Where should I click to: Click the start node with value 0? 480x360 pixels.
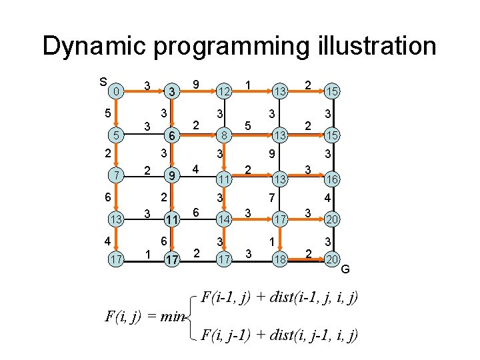(116, 90)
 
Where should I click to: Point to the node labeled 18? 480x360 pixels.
(279, 257)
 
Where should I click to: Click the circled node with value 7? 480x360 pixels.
(116, 175)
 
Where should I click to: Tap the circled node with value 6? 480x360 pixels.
(171, 135)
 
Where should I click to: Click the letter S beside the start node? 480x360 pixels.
(103, 82)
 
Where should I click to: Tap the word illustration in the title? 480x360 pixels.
(374, 47)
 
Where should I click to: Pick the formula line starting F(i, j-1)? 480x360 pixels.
(280, 335)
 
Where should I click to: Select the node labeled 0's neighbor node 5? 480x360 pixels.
(116, 135)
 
